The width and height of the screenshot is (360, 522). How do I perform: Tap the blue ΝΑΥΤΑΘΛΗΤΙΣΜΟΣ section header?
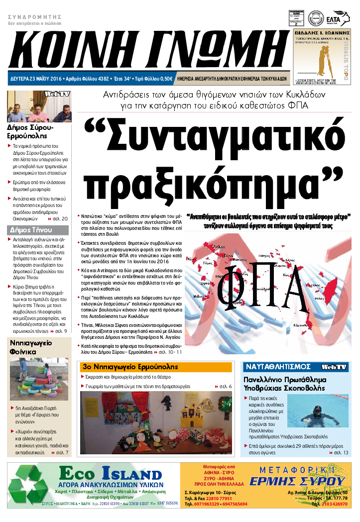(x=278, y=367)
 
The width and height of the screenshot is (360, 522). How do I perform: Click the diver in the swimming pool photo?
(x=317, y=413)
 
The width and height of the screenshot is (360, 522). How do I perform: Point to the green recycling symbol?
(x=30, y=486)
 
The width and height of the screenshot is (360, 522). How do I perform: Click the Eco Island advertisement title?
(x=110, y=473)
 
